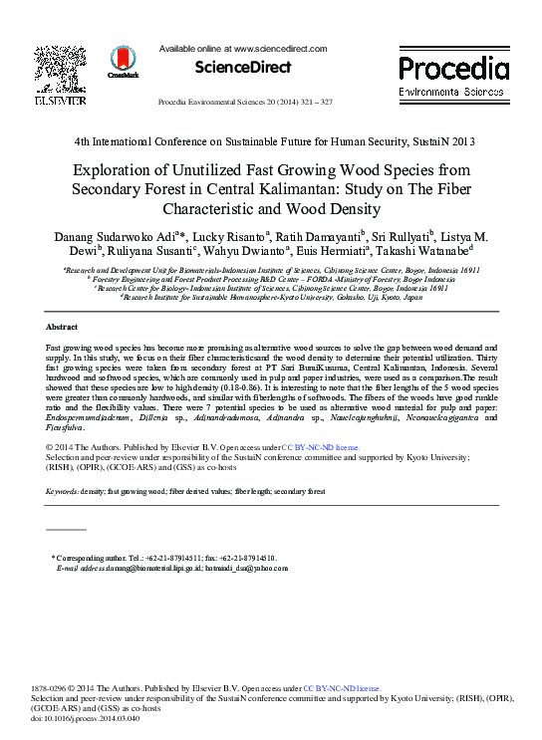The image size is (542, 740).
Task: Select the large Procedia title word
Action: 453,68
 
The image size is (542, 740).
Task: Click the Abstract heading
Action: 63,327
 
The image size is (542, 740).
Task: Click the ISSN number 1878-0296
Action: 52,687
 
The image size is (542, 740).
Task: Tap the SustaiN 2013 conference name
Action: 455,140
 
